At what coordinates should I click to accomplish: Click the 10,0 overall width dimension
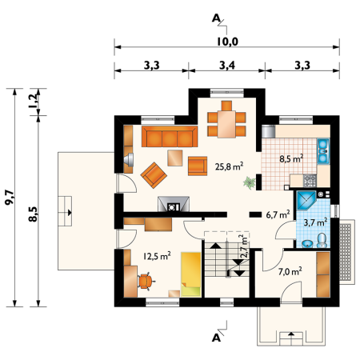(227, 42)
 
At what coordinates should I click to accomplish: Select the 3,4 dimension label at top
(227, 65)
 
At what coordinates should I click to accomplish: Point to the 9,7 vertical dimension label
(10, 198)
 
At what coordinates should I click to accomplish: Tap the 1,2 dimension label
(34, 102)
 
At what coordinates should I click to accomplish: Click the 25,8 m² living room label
(229, 166)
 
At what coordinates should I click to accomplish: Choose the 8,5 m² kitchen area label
(291, 158)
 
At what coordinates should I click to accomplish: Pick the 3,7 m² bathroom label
(315, 222)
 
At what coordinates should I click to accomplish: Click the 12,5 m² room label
(157, 256)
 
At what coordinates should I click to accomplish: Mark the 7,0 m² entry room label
(290, 271)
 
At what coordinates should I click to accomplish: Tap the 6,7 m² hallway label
(278, 214)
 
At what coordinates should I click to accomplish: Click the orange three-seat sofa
(170, 137)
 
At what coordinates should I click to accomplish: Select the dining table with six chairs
(226, 119)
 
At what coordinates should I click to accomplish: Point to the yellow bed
(191, 274)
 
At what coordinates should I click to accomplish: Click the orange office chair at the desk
(146, 281)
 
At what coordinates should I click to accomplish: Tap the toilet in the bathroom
(322, 240)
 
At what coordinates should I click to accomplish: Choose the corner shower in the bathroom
(306, 200)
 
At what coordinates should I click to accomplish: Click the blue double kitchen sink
(323, 151)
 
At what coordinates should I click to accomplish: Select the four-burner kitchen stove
(310, 181)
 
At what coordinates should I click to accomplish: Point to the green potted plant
(250, 182)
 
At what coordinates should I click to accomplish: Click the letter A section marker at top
(216, 18)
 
